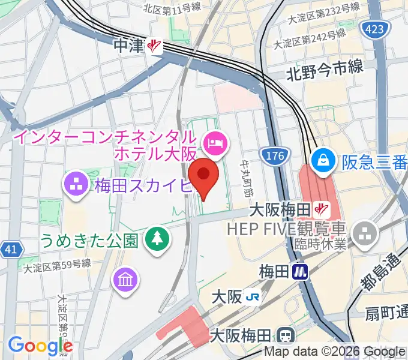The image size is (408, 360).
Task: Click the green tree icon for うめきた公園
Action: (157, 241)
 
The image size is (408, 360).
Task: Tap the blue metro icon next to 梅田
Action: (300, 272)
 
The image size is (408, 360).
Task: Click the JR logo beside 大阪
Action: (255, 297)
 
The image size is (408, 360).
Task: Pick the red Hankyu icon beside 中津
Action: (154, 46)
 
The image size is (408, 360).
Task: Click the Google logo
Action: (40, 346)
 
